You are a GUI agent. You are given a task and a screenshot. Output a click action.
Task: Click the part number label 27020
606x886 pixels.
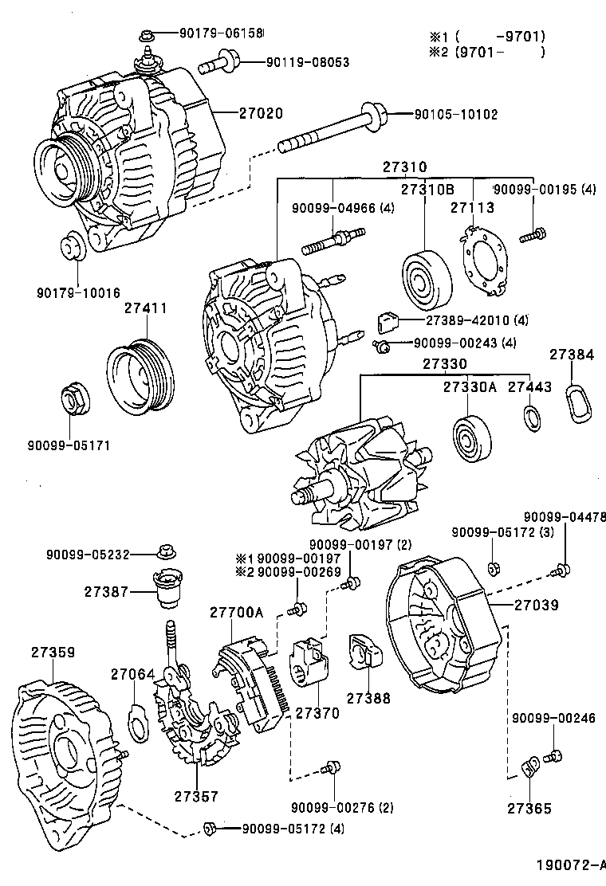pos(261,113)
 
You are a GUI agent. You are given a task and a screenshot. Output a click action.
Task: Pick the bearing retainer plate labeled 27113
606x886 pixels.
pos(484,264)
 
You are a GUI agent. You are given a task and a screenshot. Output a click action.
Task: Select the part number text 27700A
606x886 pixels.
pos(236,613)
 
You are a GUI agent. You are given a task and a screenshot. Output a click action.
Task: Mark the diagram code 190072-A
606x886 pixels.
pos(571,865)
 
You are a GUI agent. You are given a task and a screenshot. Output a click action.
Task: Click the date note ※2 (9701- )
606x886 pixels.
pos(487,53)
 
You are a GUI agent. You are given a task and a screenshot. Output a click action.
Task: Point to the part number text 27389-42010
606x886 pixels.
pos(466,320)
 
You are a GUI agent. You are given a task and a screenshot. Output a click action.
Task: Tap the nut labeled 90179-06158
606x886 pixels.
pos(148,34)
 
